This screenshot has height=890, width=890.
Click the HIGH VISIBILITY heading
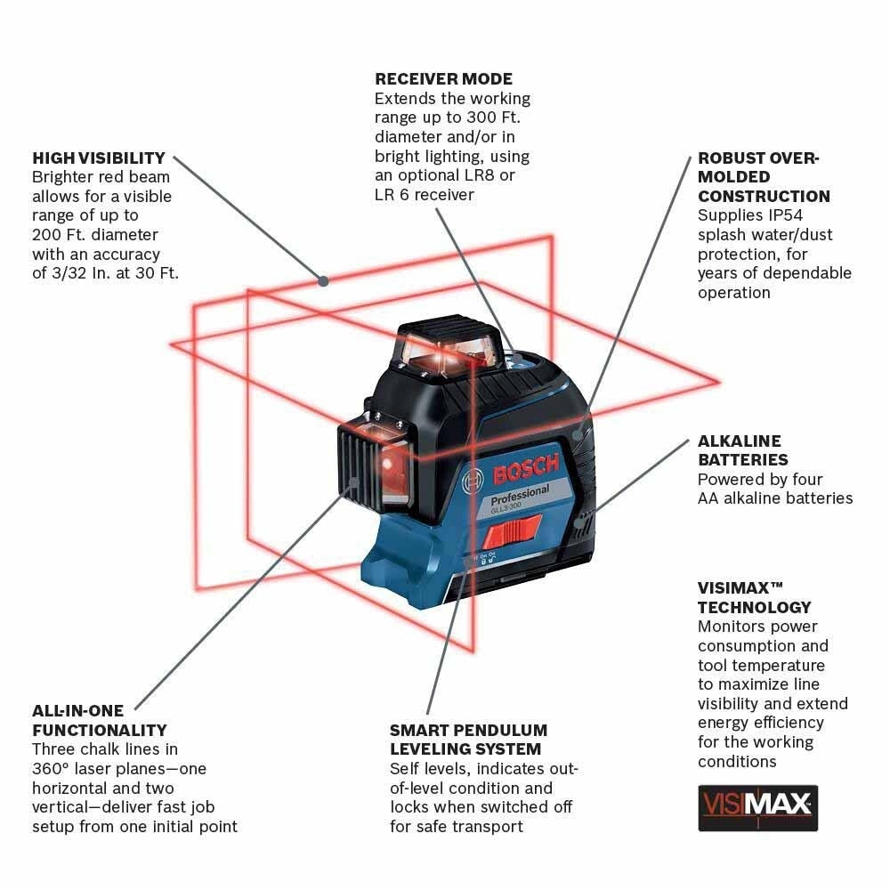pyautogui.click(x=99, y=158)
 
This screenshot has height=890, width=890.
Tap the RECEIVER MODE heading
pyautogui.click(x=443, y=79)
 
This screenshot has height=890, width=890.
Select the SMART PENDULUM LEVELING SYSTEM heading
pyautogui.click(x=468, y=740)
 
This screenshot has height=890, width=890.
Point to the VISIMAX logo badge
pyautogui.click(x=757, y=807)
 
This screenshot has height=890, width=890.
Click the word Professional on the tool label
pyautogui.click(x=520, y=493)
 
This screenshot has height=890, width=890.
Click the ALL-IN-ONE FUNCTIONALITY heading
pyautogui.click(x=99, y=721)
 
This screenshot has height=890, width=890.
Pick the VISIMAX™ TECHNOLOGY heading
pyautogui.click(x=754, y=598)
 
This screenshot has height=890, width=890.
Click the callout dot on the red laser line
pyautogui.click(x=324, y=280)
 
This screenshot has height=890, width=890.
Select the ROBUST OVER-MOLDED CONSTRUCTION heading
pyautogui.click(x=763, y=177)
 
